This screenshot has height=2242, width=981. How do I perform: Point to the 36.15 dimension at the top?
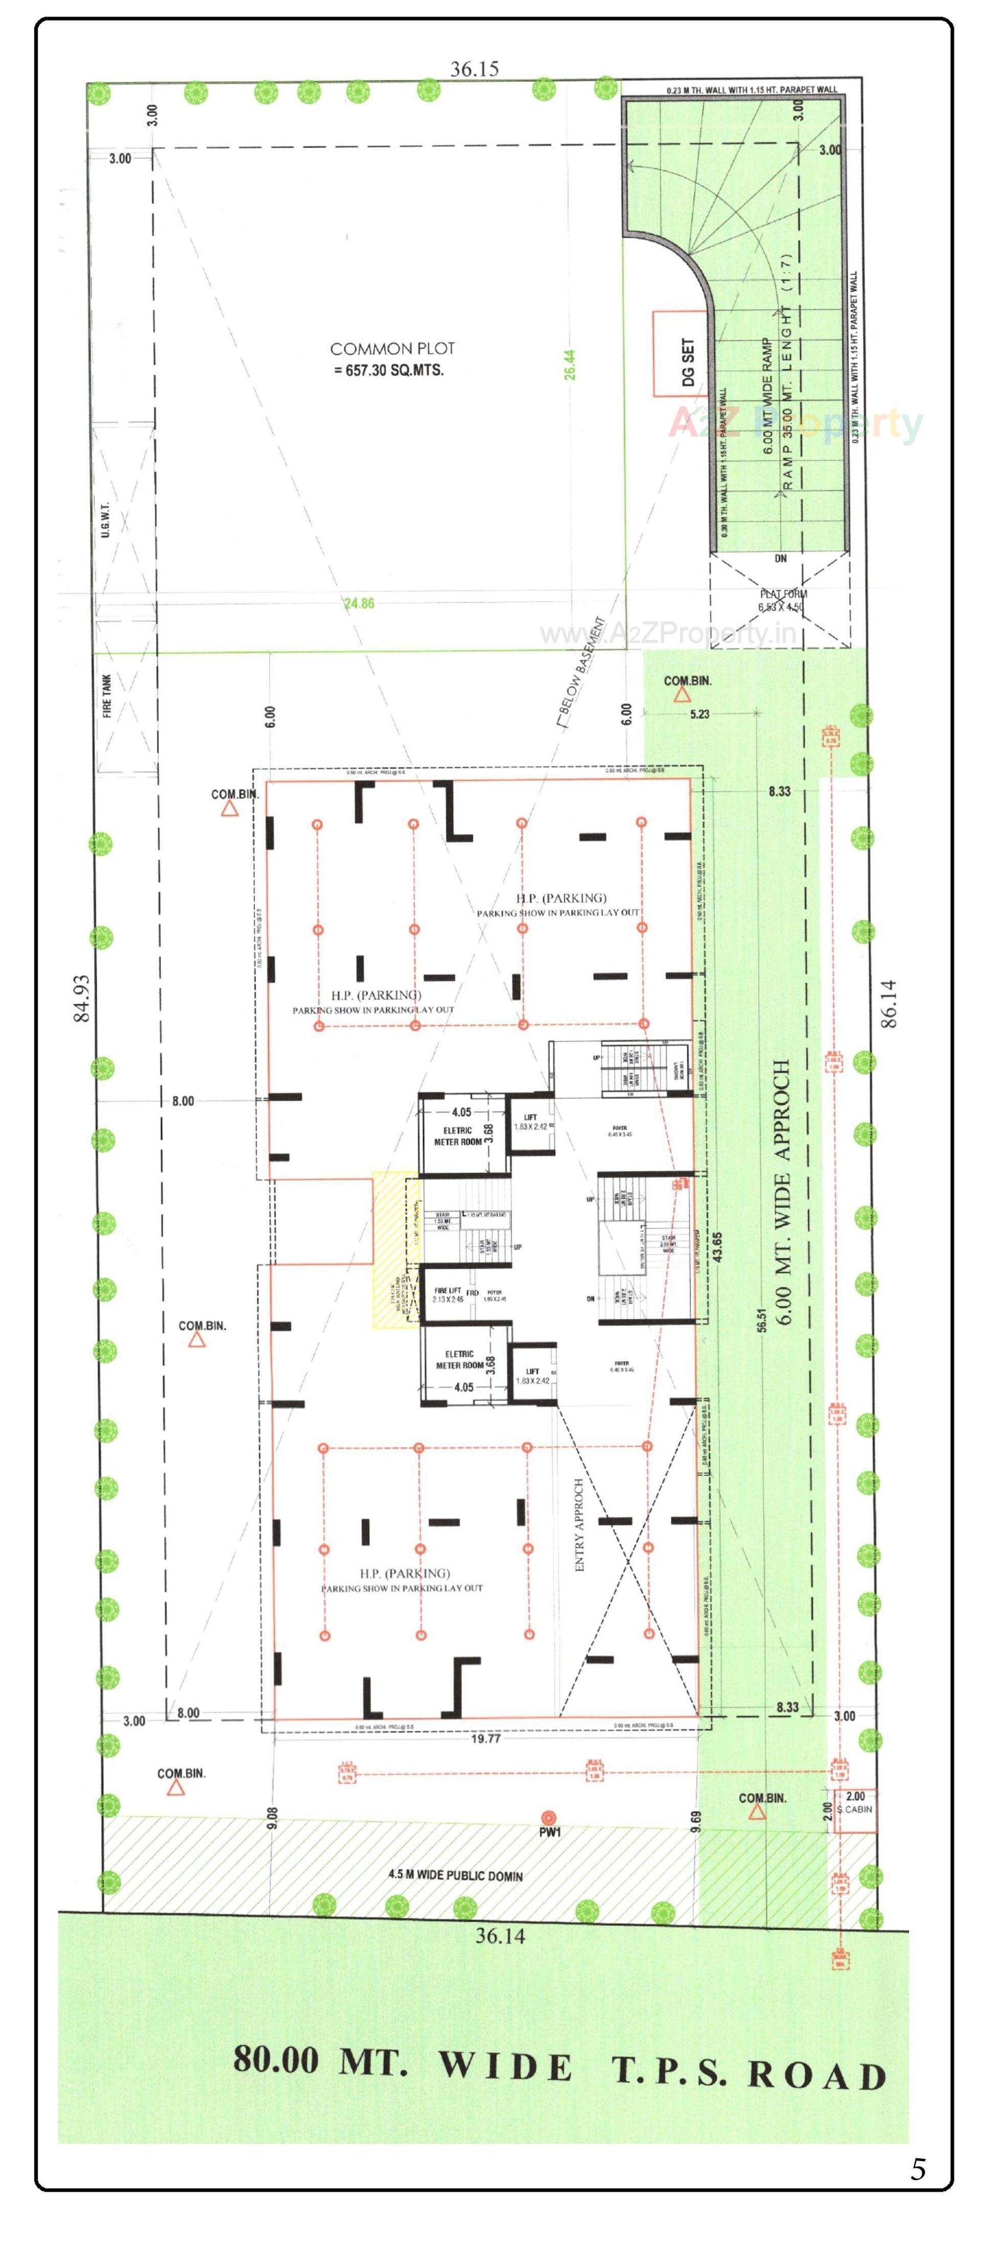point(474,69)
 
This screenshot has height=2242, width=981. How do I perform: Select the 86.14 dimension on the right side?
point(888,1004)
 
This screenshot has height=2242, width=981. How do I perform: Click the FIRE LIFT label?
point(448,1295)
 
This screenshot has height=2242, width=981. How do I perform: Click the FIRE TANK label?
point(107,696)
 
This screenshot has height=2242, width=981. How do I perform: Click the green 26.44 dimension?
point(569,365)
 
